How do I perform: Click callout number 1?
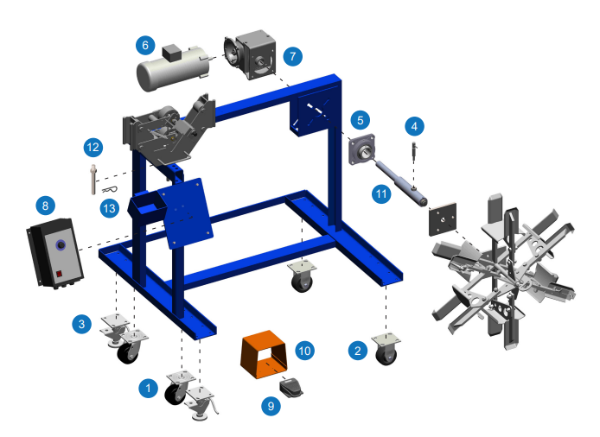(x=148, y=389)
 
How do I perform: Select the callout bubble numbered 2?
(x=355, y=351)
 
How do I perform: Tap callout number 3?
(x=81, y=325)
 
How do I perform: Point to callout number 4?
(x=416, y=126)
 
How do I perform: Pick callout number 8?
(x=44, y=206)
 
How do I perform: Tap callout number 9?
(x=274, y=403)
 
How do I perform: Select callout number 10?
(x=303, y=351)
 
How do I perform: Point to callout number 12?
(x=93, y=147)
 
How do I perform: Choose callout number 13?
(x=107, y=208)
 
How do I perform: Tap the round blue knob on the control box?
(x=61, y=246)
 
